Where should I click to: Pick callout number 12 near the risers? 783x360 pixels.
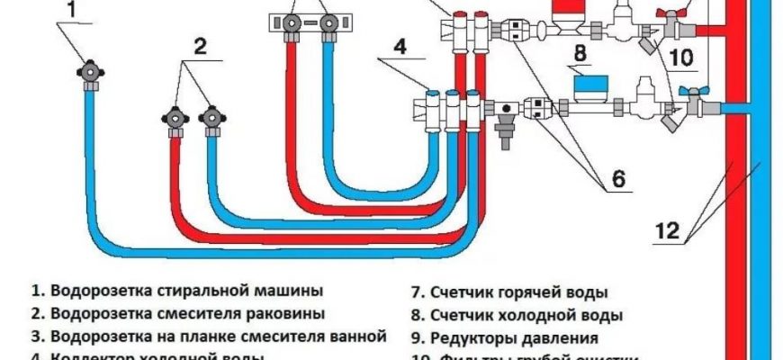(665, 231)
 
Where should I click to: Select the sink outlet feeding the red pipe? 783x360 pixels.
(174, 118)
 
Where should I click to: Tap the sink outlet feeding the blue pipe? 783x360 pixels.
(212, 118)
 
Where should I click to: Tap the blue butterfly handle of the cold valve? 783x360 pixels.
(689, 94)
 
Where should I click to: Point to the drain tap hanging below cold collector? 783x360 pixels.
(505, 130)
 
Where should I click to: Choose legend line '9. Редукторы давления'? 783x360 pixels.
(505, 339)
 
